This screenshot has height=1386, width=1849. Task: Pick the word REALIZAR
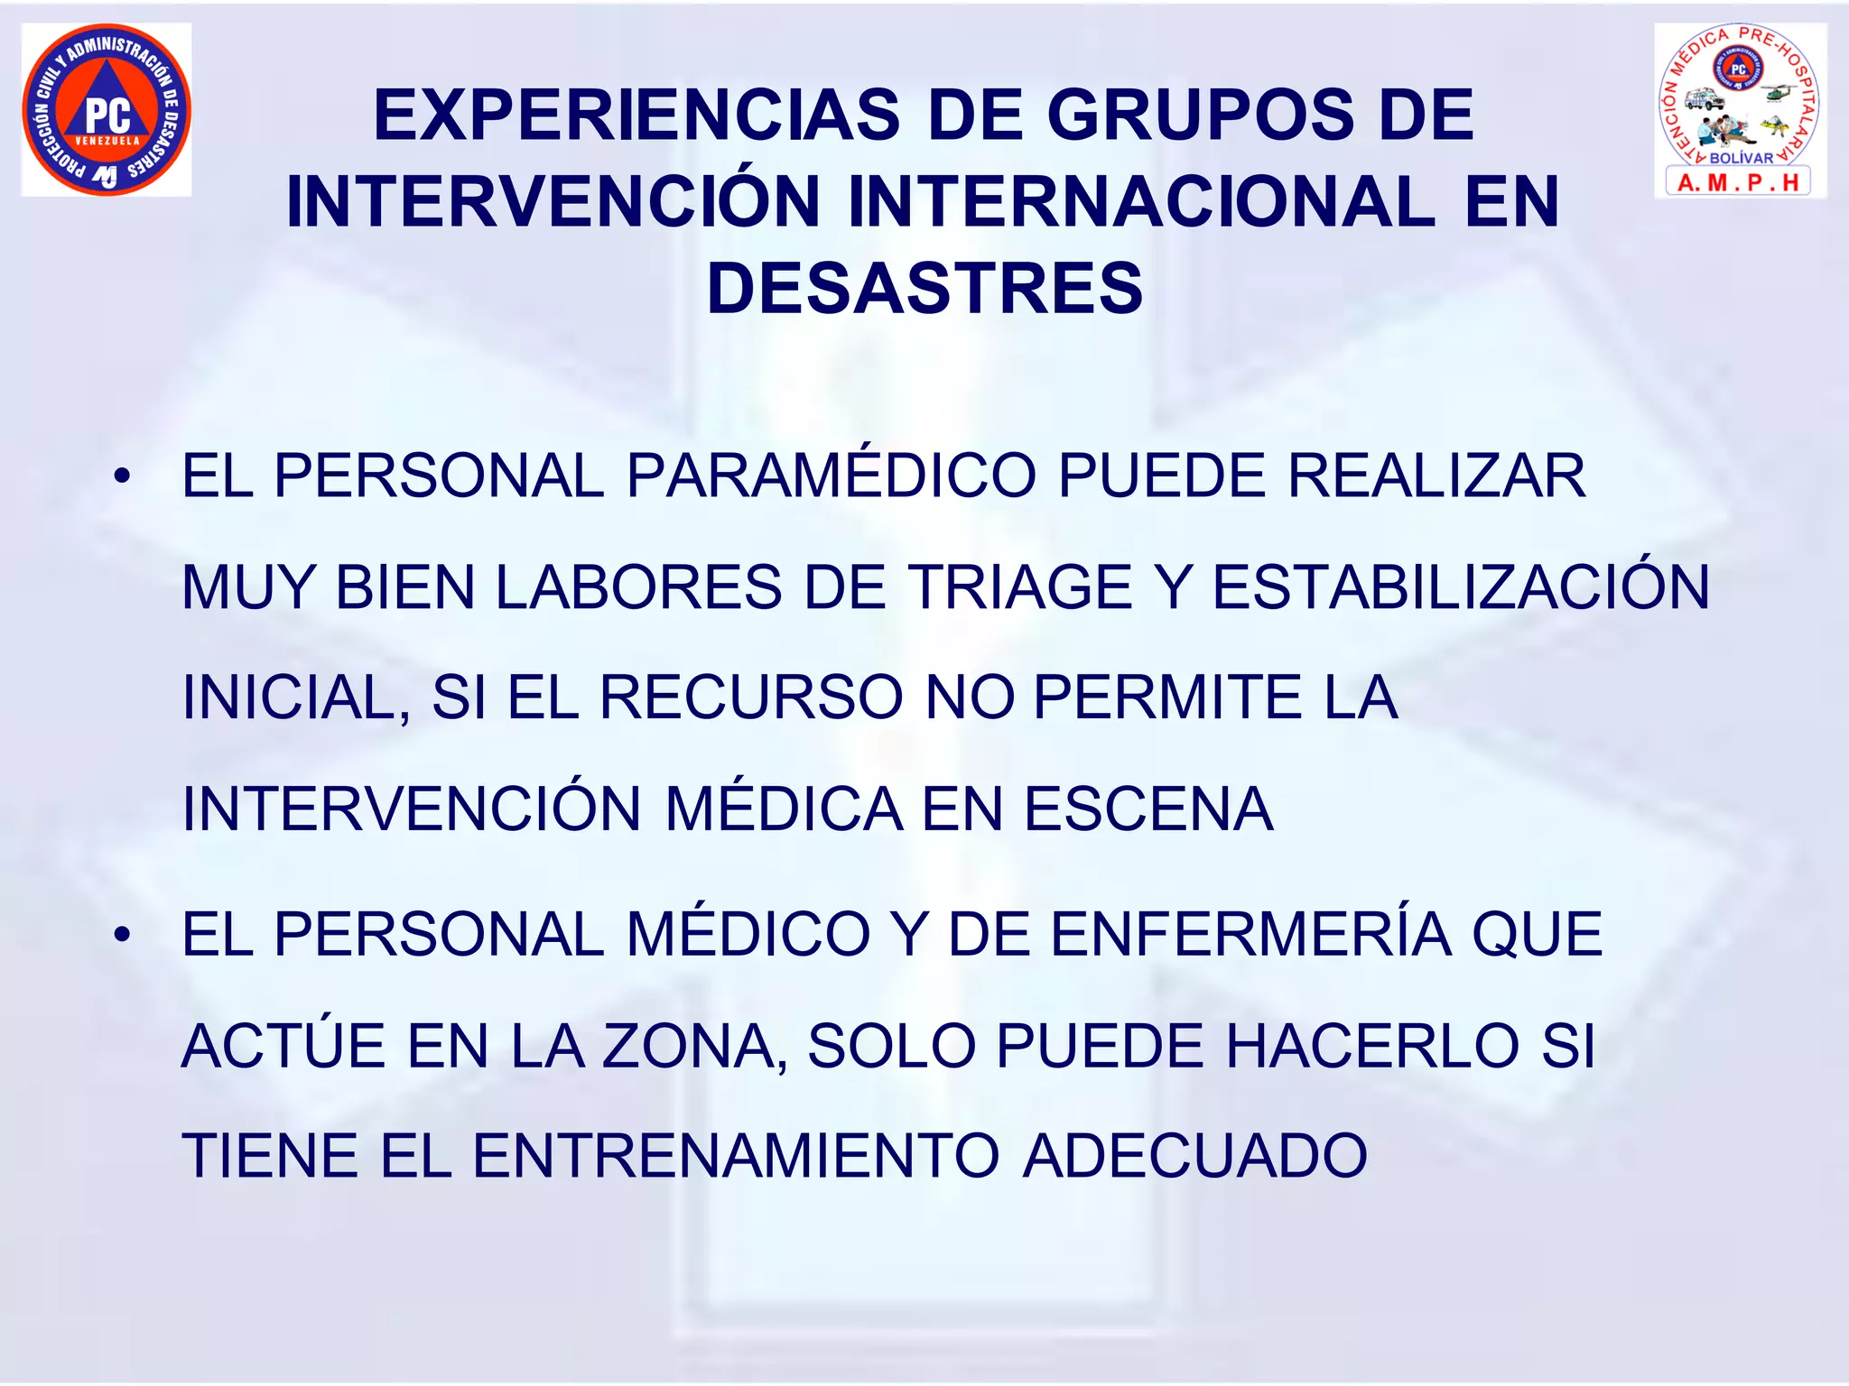1436,476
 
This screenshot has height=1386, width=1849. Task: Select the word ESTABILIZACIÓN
1460,587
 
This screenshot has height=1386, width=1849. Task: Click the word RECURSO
751,698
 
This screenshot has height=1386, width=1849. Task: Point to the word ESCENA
1147,808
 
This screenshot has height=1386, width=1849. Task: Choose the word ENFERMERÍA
1251,934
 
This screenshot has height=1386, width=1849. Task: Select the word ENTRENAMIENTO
736,1156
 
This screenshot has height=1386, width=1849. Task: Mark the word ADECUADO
1195,1156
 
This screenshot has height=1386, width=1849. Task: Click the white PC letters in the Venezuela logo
107,115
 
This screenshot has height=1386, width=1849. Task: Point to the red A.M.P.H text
1738,183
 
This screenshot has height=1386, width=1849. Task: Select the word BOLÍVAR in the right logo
1742,158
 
